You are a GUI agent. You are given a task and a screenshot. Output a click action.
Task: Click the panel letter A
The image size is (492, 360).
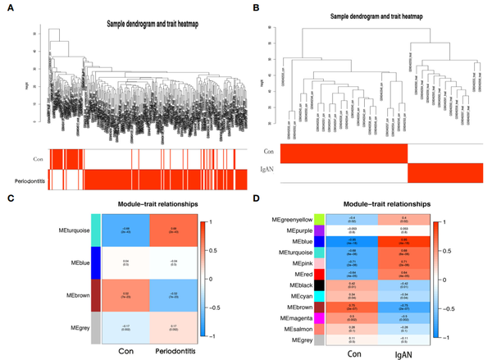click(x=6, y=6)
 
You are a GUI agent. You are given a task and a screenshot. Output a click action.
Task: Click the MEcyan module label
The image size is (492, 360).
click(x=298, y=289)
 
